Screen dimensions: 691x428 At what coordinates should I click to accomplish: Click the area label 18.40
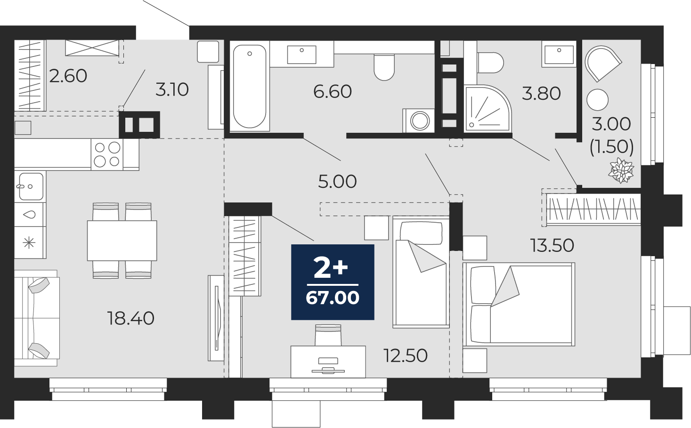click(130, 318)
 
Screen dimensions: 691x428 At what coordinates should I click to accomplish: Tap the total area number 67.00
click(333, 298)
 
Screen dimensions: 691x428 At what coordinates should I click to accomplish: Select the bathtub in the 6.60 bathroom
click(250, 86)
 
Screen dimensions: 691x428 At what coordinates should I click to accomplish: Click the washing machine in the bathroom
click(419, 121)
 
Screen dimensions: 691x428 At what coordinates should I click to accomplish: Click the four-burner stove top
click(107, 154)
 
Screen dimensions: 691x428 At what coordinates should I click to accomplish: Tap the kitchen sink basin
click(31, 186)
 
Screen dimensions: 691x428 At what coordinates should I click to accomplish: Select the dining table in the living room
click(122, 241)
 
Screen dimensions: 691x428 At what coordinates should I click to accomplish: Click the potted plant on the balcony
click(621, 170)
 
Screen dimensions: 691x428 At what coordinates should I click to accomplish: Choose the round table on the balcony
click(598, 100)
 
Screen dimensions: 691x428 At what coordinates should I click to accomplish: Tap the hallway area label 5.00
click(337, 181)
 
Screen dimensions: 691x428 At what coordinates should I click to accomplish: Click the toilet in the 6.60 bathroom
click(384, 67)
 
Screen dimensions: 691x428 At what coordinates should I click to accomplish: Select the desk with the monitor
click(328, 362)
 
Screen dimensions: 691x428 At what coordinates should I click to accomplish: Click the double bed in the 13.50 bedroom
click(519, 304)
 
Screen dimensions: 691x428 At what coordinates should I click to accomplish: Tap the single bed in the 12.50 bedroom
click(421, 272)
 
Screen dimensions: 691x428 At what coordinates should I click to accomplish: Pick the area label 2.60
click(68, 76)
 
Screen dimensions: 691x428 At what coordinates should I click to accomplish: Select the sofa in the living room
click(36, 318)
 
